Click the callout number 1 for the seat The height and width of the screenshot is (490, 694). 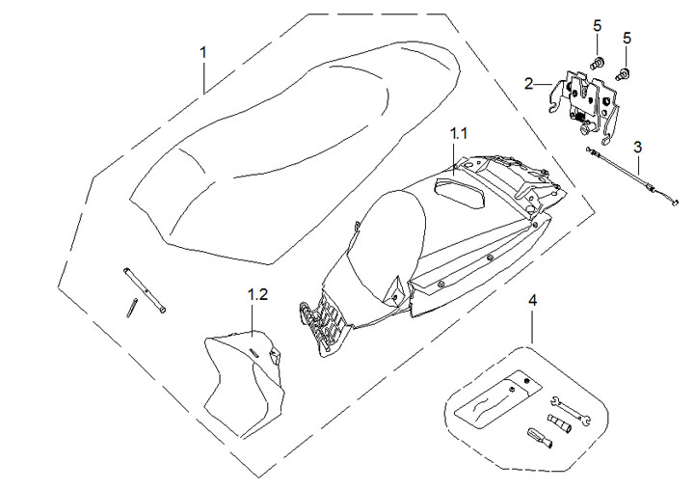203,50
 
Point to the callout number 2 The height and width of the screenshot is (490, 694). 529,84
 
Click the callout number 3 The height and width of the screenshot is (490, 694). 637,148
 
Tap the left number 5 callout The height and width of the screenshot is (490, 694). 598,39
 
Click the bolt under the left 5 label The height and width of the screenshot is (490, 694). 597,64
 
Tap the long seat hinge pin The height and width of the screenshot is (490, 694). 145,289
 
